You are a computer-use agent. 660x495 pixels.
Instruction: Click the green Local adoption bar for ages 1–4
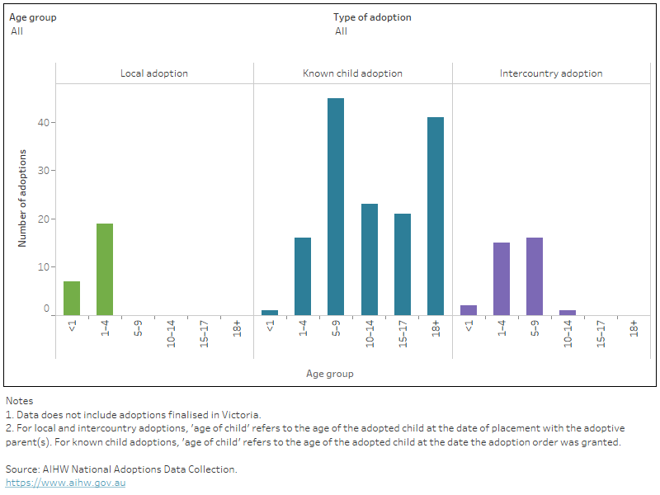click(x=105, y=269)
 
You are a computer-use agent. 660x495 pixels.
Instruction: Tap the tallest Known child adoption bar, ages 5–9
click(x=336, y=206)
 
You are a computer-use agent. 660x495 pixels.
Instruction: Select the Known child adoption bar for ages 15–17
click(x=402, y=264)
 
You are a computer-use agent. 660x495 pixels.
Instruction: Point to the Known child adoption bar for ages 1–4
click(x=303, y=276)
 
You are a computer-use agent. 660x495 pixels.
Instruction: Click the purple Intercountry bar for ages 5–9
click(x=535, y=276)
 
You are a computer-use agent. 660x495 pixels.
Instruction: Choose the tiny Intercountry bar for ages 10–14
click(x=568, y=313)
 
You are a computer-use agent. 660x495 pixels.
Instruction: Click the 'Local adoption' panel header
click(x=154, y=73)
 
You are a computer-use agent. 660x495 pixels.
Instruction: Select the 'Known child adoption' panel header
click(x=352, y=73)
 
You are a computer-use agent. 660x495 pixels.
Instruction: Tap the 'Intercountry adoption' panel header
click(x=551, y=73)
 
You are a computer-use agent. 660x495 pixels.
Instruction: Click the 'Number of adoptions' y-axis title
click(x=23, y=198)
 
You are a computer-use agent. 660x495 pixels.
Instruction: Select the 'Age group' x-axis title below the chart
click(x=329, y=374)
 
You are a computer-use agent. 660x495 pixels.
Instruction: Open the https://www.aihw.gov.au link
click(x=65, y=483)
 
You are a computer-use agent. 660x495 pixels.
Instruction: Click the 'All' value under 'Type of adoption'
click(x=341, y=31)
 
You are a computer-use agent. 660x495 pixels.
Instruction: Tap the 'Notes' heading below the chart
click(x=19, y=401)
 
